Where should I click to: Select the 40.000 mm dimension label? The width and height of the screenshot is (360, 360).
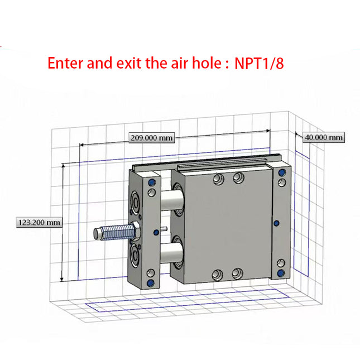tap(323, 137)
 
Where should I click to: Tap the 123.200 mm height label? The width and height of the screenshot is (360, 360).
tap(39, 222)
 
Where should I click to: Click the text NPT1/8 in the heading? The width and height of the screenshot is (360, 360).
tap(259, 63)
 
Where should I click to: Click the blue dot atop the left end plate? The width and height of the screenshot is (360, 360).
tap(151, 181)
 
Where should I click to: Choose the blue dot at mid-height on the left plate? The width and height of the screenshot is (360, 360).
tap(156, 232)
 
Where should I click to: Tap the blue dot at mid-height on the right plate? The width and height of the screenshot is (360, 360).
tap(276, 223)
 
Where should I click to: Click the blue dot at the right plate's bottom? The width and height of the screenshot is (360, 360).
tap(282, 272)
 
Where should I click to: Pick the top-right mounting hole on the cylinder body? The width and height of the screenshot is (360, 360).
tap(238, 177)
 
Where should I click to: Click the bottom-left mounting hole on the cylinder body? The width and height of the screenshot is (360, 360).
tap(218, 275)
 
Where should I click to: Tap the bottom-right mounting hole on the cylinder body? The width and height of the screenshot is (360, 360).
tap(238, 273)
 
